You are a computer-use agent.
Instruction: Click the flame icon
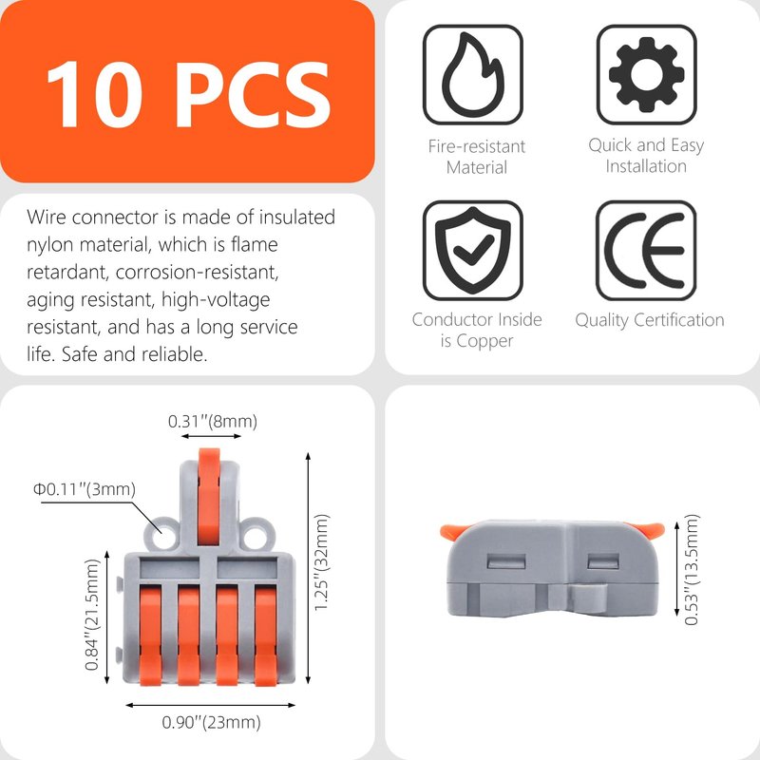click(x=472, y=74)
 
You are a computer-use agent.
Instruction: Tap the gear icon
click(x=647, y=74)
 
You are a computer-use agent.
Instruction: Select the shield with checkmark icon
click(x=472, y=250)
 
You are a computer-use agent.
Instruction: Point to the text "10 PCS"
click(x=188, y=94)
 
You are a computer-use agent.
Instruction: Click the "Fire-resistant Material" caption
click(x=477, y=157)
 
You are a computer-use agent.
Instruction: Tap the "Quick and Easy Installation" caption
click(x=646, y=155)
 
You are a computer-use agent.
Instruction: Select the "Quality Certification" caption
click(x=650, y=320)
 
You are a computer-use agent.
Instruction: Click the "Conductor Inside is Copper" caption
click(x=477, y=330)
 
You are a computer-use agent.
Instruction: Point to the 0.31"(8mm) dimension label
click(x=212, y=421)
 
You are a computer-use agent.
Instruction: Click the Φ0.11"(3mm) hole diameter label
click(x=85, y=489)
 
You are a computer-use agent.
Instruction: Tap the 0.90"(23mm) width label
click(x=211, y=722)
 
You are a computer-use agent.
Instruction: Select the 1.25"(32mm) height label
click(x=322, y=562)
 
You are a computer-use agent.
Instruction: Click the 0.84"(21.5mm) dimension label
click(x=91, y=615)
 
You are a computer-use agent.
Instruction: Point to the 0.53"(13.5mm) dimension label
click(x=692, y=569)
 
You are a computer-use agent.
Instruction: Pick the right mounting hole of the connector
click(x=256, y=537)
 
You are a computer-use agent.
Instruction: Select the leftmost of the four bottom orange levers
click(x=150, y=635)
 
